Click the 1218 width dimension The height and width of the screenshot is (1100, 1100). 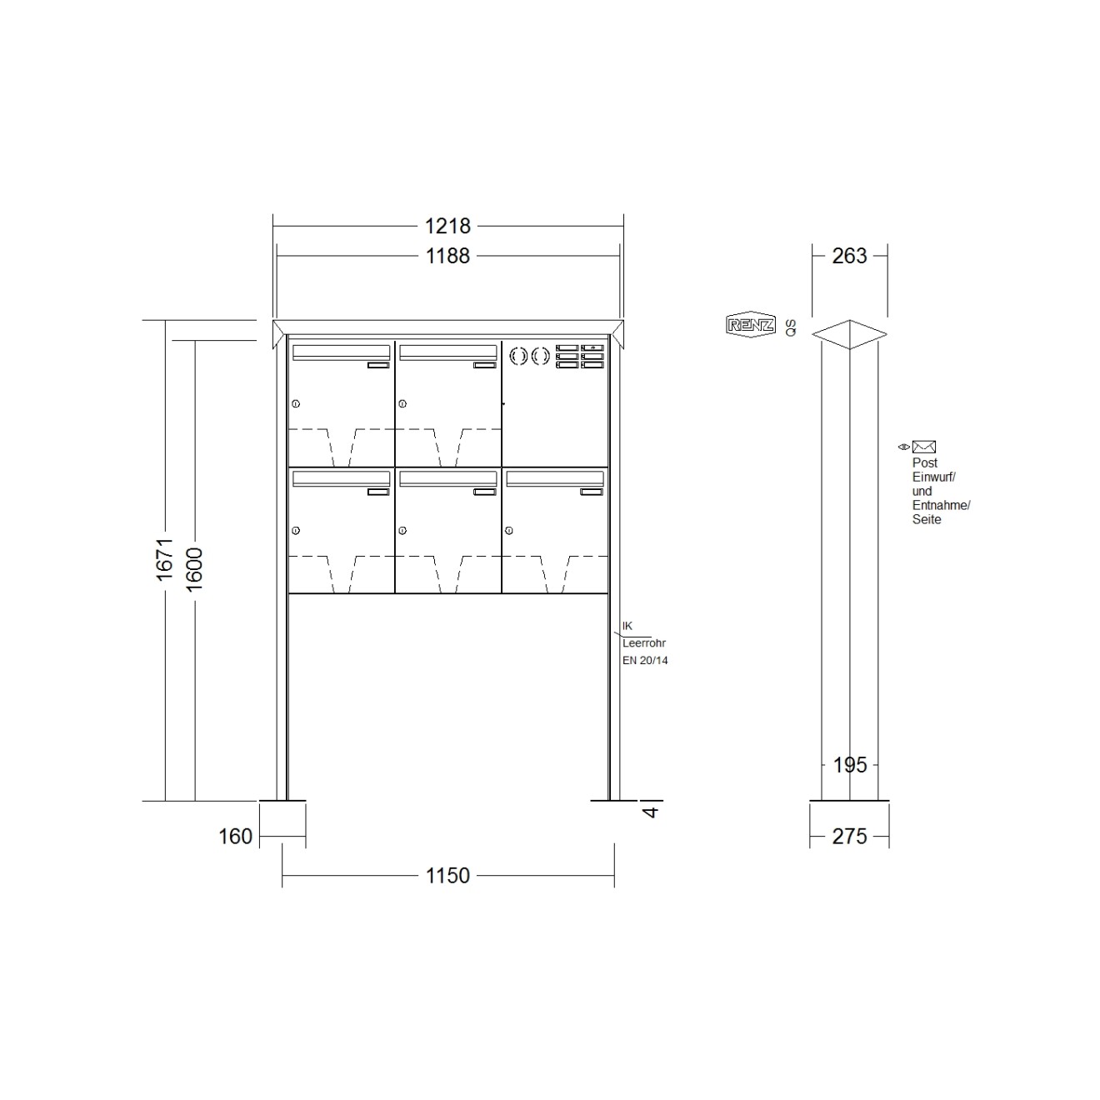pos(447,226)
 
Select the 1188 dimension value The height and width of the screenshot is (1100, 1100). pos(447,256)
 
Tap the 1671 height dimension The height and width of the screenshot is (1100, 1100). pos(164,559)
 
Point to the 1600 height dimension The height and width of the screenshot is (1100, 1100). pos(194,569)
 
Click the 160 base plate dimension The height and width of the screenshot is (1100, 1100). pos(235,837)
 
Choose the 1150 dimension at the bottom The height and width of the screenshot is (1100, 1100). pos(447,875)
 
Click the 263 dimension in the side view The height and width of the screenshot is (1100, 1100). pos(849,256)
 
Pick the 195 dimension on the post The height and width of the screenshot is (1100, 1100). pos(850,765)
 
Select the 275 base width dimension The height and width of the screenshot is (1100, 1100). pos(849,837)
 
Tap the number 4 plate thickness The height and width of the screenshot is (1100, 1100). pos(652,811)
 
